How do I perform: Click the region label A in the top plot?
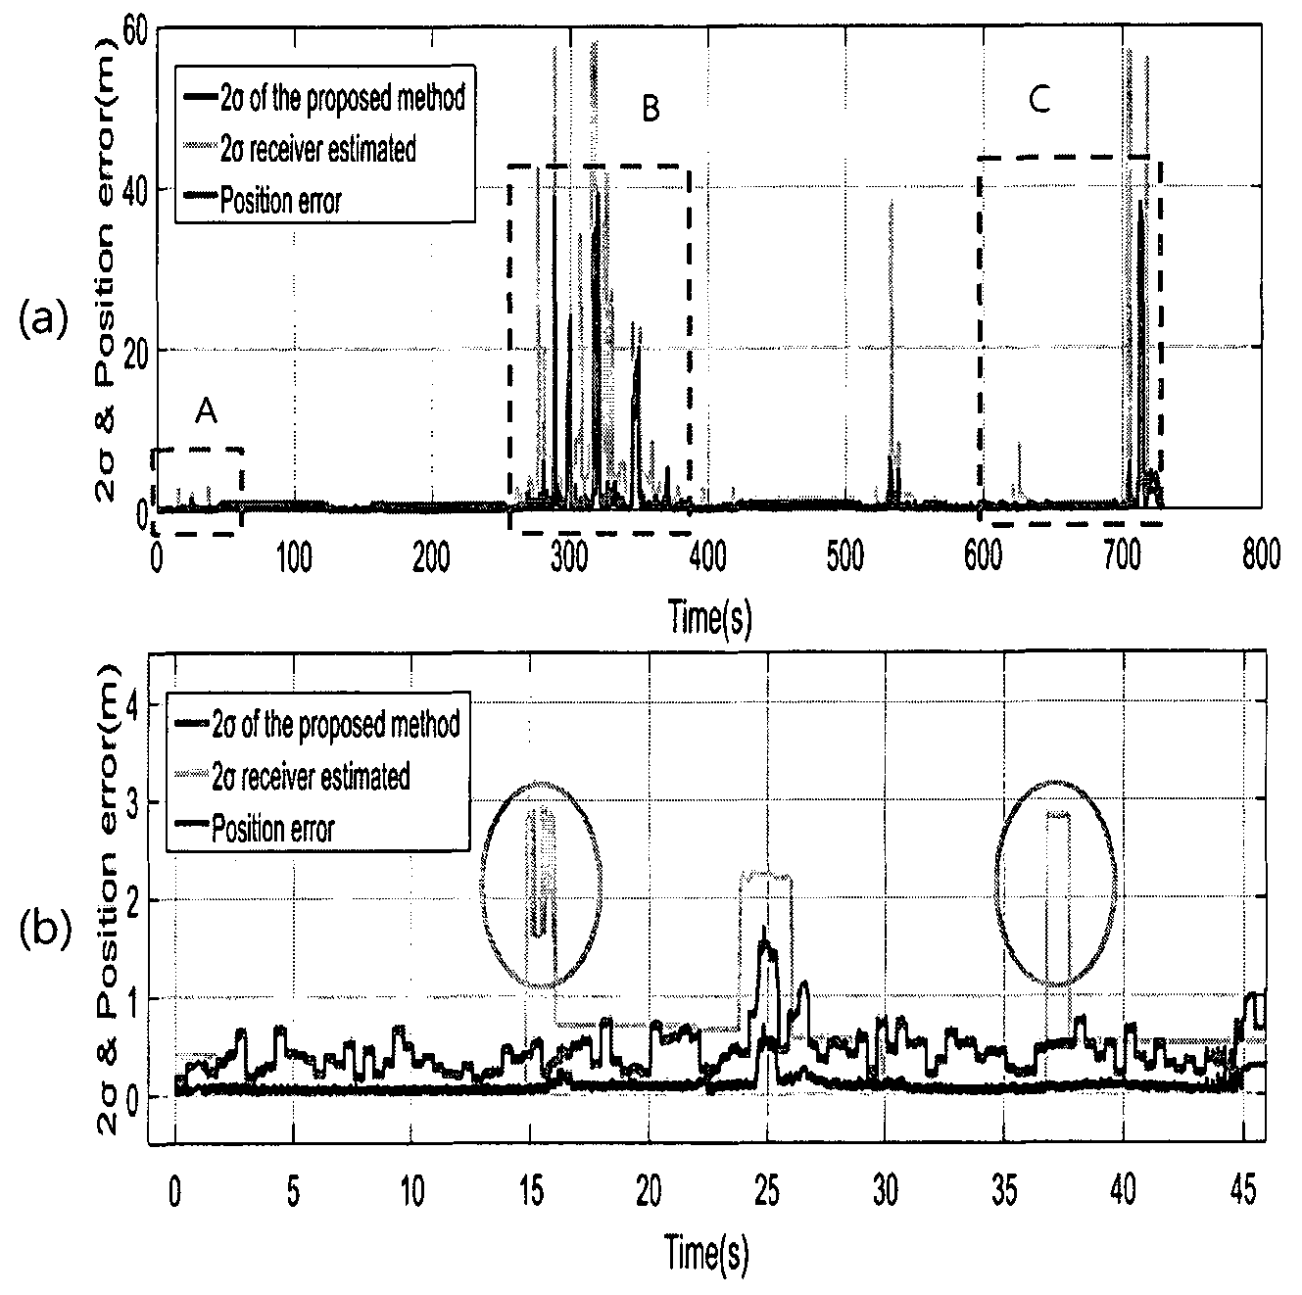pos(206,410)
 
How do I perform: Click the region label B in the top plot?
pos(650,108)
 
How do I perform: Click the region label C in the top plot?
pos(1039,100)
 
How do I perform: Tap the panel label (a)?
pos(44,319)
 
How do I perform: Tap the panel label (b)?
pos(45,930)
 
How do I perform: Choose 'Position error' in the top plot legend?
pos(280,201)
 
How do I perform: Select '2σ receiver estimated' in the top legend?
pos(317,150)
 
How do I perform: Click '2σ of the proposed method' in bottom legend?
pos(336,724)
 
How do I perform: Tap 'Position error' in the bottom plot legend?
pos(273,829)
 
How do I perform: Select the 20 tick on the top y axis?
pos(137,350)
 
